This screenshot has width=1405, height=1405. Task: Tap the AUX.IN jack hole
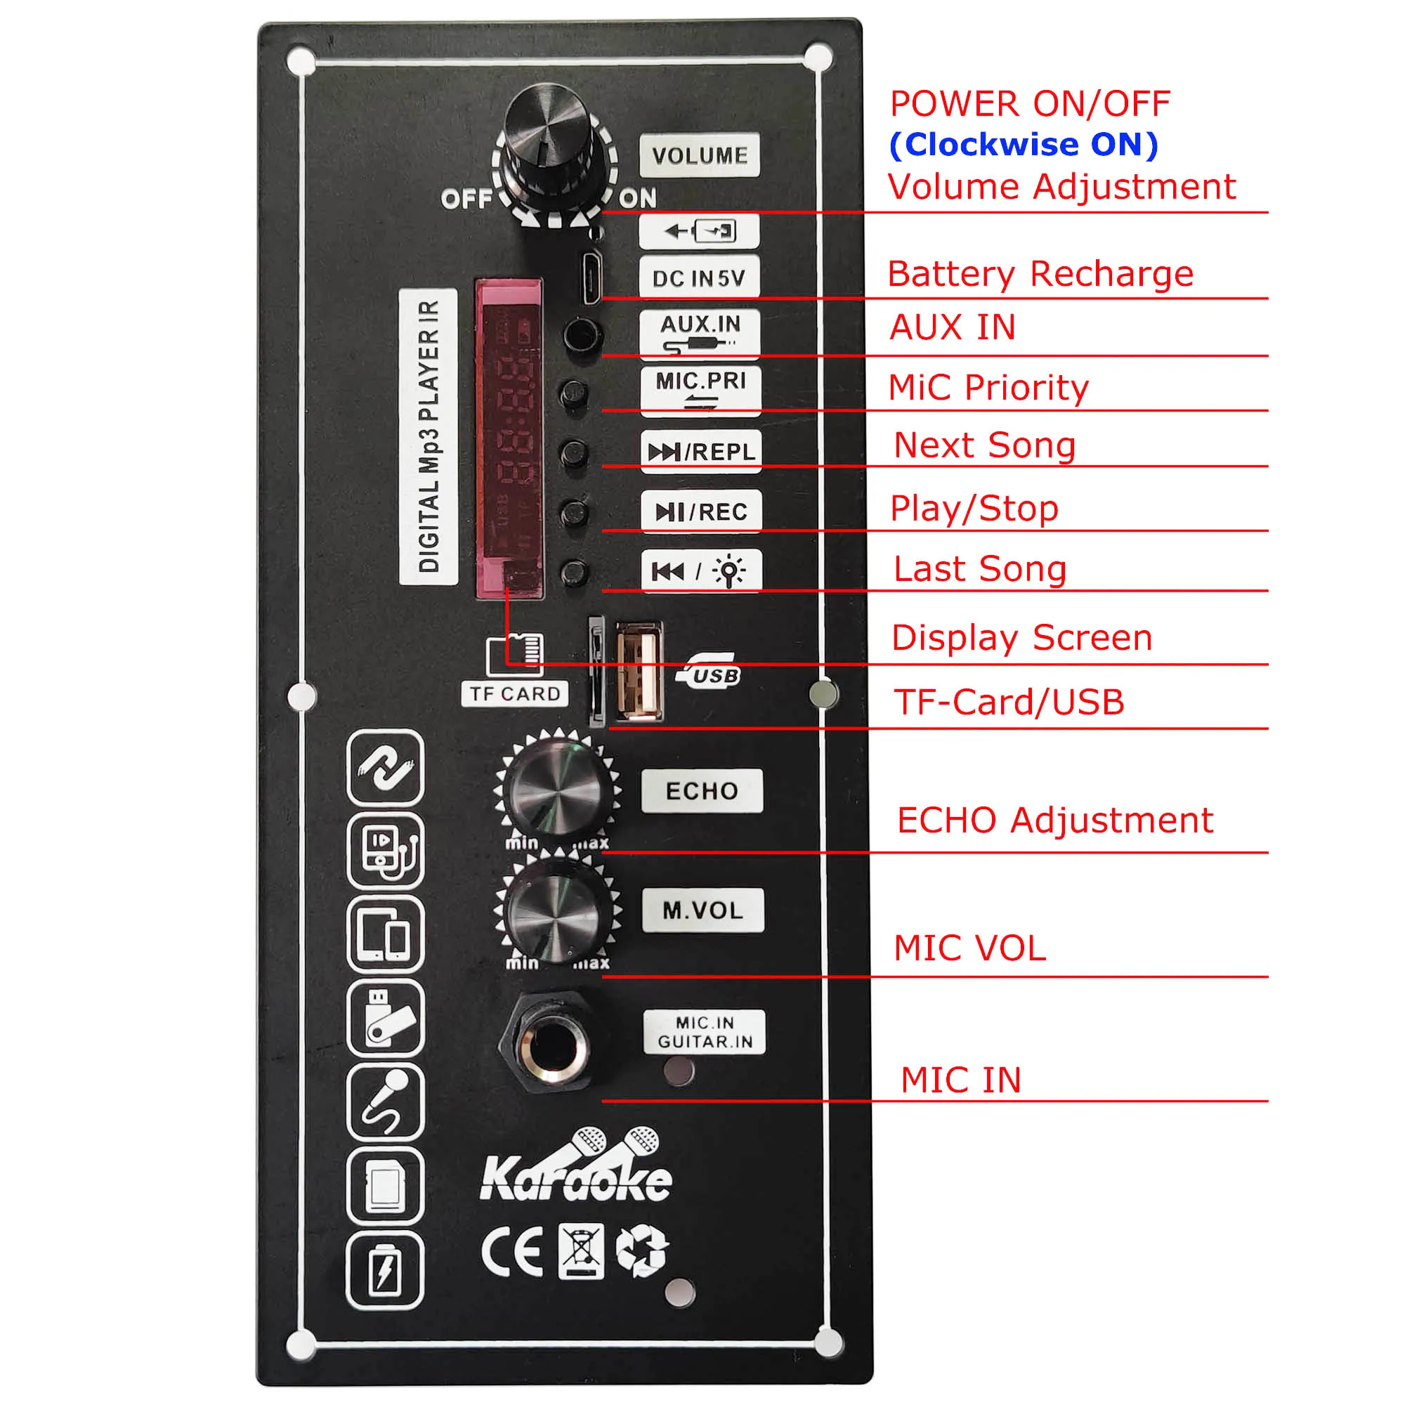(x=582, y=335)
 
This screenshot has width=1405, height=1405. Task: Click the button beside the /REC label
(x=575, y=513)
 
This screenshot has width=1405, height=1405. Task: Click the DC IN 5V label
(x=699, y=277)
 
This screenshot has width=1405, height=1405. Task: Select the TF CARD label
(x=515, y=694)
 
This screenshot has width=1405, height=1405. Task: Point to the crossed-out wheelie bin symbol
(x=580, y=1251)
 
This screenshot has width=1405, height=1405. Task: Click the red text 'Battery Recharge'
(x=1040, y=274)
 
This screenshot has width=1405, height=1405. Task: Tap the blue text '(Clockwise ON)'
(x=1024, y=144)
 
